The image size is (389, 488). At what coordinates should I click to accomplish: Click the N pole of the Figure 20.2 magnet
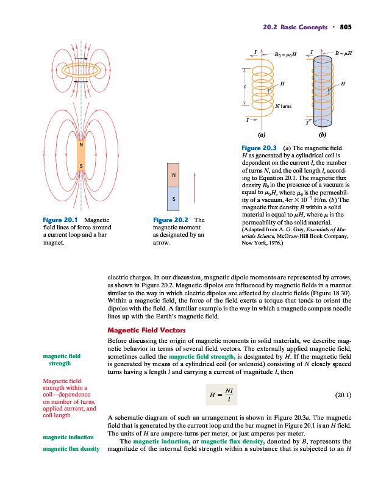174,176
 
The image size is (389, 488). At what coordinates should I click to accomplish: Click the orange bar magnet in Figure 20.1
81,157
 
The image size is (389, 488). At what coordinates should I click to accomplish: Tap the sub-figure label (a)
262,133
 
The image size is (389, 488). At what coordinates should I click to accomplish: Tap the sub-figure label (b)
323,133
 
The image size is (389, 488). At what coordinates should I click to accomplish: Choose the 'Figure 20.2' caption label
171,220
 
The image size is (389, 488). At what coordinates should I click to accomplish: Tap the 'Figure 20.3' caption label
259,148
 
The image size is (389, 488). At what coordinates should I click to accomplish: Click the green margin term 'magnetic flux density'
71,450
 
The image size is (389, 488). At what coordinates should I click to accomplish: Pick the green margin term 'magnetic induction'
68,437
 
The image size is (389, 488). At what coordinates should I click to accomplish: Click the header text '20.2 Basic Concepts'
295,27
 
